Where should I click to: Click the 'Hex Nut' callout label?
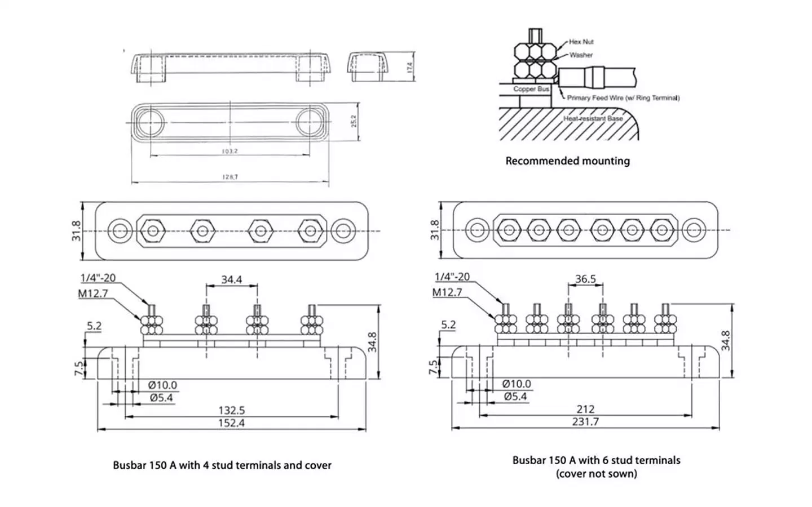click(x=581, y=42)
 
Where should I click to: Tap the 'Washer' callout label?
click(x=581, y=55)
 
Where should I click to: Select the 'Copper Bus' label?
click(x=531, y=89)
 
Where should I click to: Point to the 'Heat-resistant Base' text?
click(x=593, y=119)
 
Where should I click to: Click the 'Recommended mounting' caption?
click(x=567, y=161)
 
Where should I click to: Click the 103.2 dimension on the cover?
click(x=230, y=151)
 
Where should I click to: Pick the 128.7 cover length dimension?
click(x=230, y=177)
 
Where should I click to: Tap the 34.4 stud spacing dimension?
click(x=231, y=279)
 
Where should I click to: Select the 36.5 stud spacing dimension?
click(x=585, y=279)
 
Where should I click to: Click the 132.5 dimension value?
click(x=231, y=410)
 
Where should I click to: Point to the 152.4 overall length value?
click(x=231, y=422)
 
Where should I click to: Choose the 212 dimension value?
click(x=585, y=409)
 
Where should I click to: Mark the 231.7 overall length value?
click(x=585, y=421)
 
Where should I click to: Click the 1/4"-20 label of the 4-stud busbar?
click(x=98, y=278)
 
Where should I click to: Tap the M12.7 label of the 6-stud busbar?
click(x=447, y=292)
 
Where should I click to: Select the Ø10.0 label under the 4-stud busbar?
click(x=162, y=385)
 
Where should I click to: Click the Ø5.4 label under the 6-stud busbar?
click(x=515, y=397)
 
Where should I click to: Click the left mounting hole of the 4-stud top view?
click(x=120, y=230)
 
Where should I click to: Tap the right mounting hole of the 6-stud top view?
click(x=694, y=230)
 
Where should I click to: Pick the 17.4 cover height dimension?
click(x=410, y=67)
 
